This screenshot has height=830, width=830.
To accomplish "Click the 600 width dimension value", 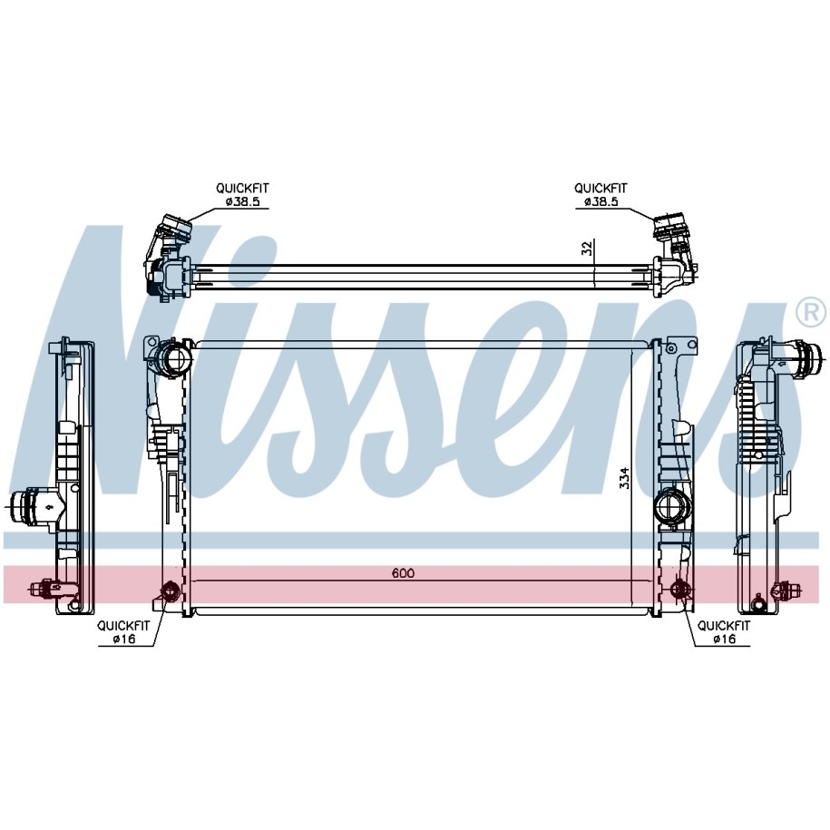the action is [404, 572].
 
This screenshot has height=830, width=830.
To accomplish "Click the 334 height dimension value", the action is [625, 477].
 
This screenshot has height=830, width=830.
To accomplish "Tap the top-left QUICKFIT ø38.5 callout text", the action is [242, 194].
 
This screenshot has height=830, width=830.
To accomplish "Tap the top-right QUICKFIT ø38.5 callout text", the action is [601, 194].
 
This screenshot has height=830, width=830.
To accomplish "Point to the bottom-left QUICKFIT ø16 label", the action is [123, 632].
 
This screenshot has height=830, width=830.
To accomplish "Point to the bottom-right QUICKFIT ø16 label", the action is [724, 632].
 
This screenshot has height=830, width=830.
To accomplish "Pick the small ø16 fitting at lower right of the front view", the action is [679, 589].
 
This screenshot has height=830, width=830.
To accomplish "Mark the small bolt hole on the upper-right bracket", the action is [671, 348].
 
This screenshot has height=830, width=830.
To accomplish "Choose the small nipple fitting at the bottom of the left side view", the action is [44, 588].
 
